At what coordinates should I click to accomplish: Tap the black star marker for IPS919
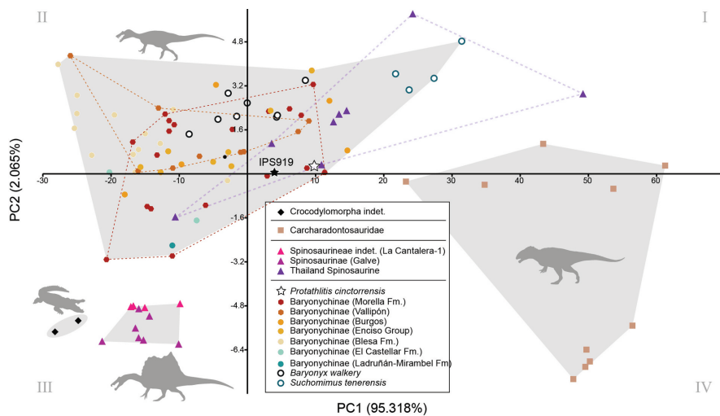pos(275,172)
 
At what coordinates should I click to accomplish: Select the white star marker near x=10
pos(314,166)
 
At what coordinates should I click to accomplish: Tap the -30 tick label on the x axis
pos(43,181)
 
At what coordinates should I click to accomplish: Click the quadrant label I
pos(705,17)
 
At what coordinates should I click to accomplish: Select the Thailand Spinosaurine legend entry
pos(347,270)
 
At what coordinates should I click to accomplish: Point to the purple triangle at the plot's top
pos(413,14)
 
